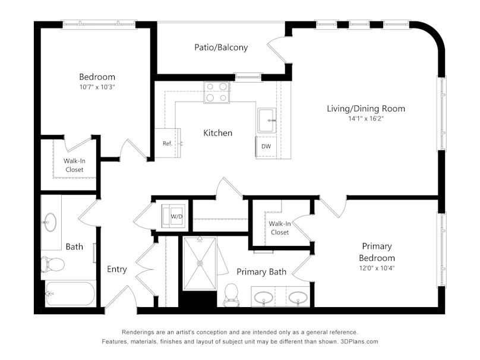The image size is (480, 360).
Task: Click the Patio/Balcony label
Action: click(x=221, y=48)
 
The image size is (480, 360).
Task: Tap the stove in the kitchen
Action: click(x=216, y=92)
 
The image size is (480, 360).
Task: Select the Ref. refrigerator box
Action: click(x=167, y=143)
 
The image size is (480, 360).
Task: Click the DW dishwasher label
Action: click(x=266, y=146)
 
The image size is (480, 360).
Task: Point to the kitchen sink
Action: click(x=267, y=120)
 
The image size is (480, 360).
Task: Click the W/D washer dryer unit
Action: click(x=173, y=216)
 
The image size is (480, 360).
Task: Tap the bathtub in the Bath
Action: click(x=70, y=294)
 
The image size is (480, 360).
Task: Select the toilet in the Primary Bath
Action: click(x=231, y=294)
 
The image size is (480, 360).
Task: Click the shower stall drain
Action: click(x=200, y=263)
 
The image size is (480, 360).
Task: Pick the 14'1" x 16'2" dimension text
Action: click(x=366, y=118)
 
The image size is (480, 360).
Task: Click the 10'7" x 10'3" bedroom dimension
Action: click(x=97, y=87)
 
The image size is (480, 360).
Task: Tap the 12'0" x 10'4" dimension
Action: click(x=377, y=268)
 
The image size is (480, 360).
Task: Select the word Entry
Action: click(x=117, y=269)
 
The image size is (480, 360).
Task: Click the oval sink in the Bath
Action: click(x=50, y=222)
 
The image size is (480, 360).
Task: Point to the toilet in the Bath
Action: click(x=52, y=264)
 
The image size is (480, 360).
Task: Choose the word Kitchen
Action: click(x=217, y=133)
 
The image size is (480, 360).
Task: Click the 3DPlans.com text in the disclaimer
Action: click(x=359, y=342)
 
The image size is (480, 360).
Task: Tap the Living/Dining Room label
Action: click(x=366, y=109)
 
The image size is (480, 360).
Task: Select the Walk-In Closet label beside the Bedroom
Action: click(x=74, y=165)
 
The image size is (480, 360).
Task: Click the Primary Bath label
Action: click(x=261, y=272)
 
